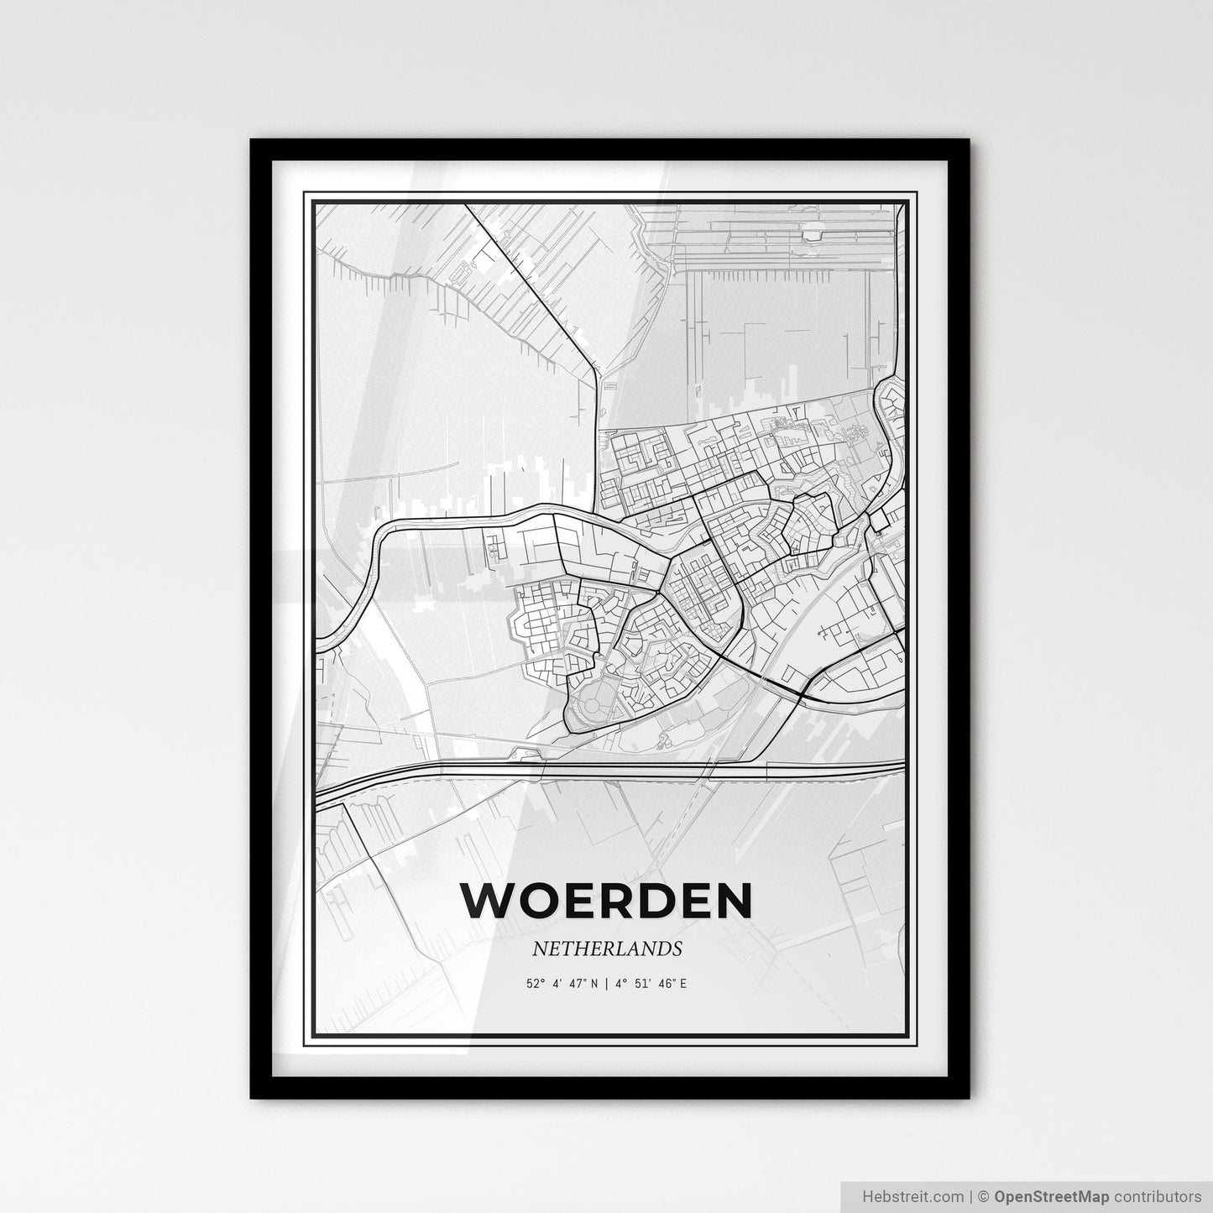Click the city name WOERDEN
click(606, 902)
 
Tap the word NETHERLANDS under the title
click(606, 949)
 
